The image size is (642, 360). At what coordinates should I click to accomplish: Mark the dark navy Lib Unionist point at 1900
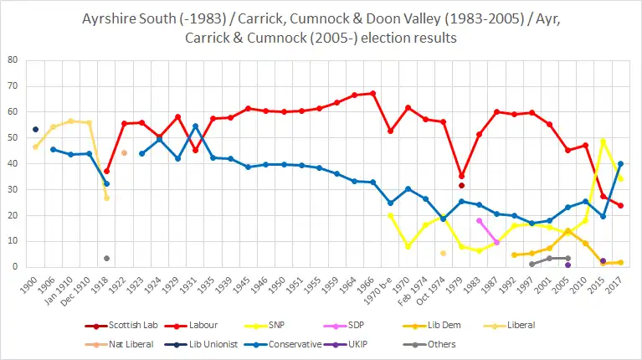tap(35, 129)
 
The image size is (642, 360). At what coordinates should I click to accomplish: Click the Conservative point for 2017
tap(620, 163)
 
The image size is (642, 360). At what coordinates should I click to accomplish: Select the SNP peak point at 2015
tap(603, 141)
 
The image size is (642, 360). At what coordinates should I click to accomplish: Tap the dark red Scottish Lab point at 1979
tap(461, 185)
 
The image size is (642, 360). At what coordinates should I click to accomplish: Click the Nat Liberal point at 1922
tap(124, 152)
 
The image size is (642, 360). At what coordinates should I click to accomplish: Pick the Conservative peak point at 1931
tap(195, 126)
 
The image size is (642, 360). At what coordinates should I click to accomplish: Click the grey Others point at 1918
tap(106, 258)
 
